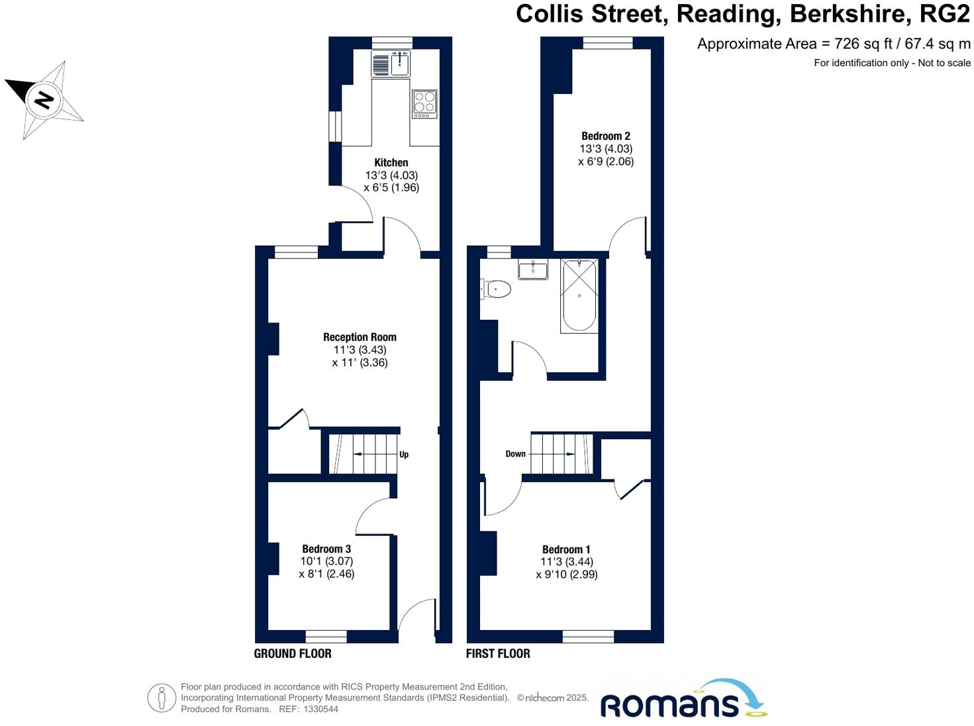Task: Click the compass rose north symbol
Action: pos(44,100)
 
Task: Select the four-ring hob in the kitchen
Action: pos(424,104)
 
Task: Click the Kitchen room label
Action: pos(391,162)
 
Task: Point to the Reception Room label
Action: pos(360,337)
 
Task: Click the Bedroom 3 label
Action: pos(326,548)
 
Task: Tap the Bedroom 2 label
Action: pos(605,136)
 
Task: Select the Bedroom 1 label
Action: pos(566,549)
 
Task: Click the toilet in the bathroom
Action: pos(497,289)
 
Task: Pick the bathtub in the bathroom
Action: pos(579,296)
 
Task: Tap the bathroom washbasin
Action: pos(532,270)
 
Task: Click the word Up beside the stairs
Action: pos(404,454)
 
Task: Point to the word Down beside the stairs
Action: pos(515,454)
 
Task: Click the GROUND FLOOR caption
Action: pos(293,654)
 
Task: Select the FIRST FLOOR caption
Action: pos(498,654)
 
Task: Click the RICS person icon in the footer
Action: pos(162,698)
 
